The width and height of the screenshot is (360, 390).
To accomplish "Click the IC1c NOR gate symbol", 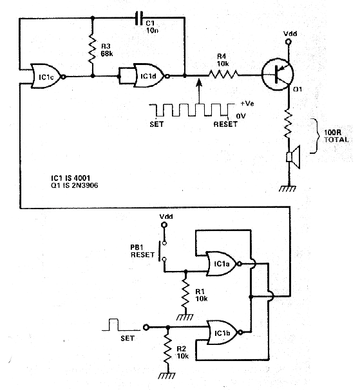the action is (x=47, y=77).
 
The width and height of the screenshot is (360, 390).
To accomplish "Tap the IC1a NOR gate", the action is (x=223, y=264).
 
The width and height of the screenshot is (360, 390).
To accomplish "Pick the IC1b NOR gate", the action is (x=223, y=332).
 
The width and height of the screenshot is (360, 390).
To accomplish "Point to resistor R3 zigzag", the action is (x=92, y=50).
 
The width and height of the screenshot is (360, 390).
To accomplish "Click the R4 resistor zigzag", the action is (x=223, y=74).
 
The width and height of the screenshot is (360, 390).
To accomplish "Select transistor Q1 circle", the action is (x=278, y=74).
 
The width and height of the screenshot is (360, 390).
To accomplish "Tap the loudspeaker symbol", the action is (x=293, y=157).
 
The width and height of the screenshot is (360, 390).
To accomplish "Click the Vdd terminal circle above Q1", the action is (x=289, y=42).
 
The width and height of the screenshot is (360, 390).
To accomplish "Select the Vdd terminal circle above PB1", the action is (x=164, y=225).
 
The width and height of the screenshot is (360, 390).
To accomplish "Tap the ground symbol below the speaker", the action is (x=288, y=189).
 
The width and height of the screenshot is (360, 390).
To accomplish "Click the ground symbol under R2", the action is (x=167, y=376).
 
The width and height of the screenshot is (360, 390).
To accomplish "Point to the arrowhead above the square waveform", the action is (x=198, y=83).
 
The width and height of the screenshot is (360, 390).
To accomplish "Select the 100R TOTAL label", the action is (x=336, y=136).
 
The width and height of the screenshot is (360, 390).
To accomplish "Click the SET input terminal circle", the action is (x=146, y=328).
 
